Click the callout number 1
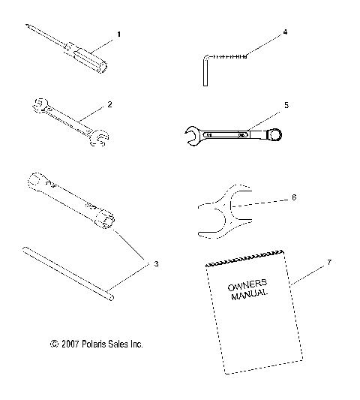click(118, 35)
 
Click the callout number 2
click(109, 104)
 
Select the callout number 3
click(156, 264)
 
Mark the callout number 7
click(307, 262)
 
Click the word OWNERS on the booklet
click(242, 287)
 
